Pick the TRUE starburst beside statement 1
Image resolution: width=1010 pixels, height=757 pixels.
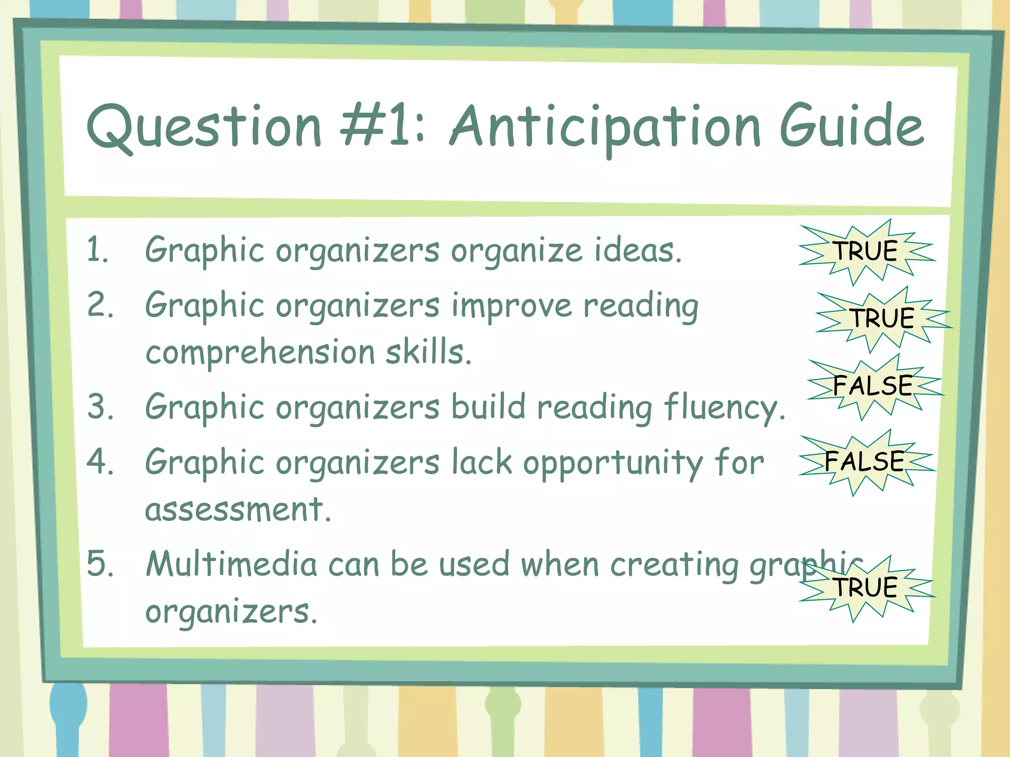pyautogui.click(x=866, y=251)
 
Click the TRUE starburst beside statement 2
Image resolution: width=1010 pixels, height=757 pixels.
pyautogui.click(x=883, y=318)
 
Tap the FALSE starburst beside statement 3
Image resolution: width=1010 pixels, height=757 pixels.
pyautogui.click(x=873, y=386)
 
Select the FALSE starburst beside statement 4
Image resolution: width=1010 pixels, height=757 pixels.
pyautogui.click(x=865, y=462)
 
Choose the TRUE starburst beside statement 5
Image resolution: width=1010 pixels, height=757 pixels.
pyautogui.click(x=866, y=588)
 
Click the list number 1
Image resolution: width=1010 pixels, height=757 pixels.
pyautogui.click(x=97, y=249)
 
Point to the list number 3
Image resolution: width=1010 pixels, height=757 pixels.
pyautogui.click(x=99, y=407)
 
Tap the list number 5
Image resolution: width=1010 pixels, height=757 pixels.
pyautogui.click(x=99, y=564)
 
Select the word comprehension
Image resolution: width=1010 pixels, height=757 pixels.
pyautogui.click(x=260, y=353)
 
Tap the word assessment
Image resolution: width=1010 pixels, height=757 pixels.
pyautogui.click(x=237, y=510)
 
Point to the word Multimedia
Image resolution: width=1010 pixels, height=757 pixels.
pyautogui.click(x=231, y=564)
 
